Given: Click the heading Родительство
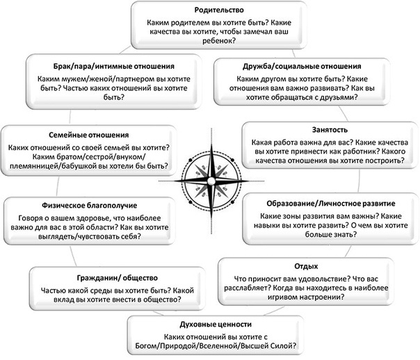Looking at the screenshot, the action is (219, 10).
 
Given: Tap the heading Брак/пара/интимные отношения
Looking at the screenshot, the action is (114, 67).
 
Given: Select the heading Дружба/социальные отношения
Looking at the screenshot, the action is (302, 67).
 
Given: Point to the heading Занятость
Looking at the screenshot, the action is (330, 130).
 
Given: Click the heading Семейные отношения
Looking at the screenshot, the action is (89, 135).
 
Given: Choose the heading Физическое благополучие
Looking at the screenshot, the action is (90, 206).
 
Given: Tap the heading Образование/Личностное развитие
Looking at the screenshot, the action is (331, 204).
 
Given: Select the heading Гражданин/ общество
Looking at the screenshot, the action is (118, 278).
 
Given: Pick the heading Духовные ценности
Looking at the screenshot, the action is (216, 325).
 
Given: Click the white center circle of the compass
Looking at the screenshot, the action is (211, 181).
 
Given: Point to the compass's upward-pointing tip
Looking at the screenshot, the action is (211, 145).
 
